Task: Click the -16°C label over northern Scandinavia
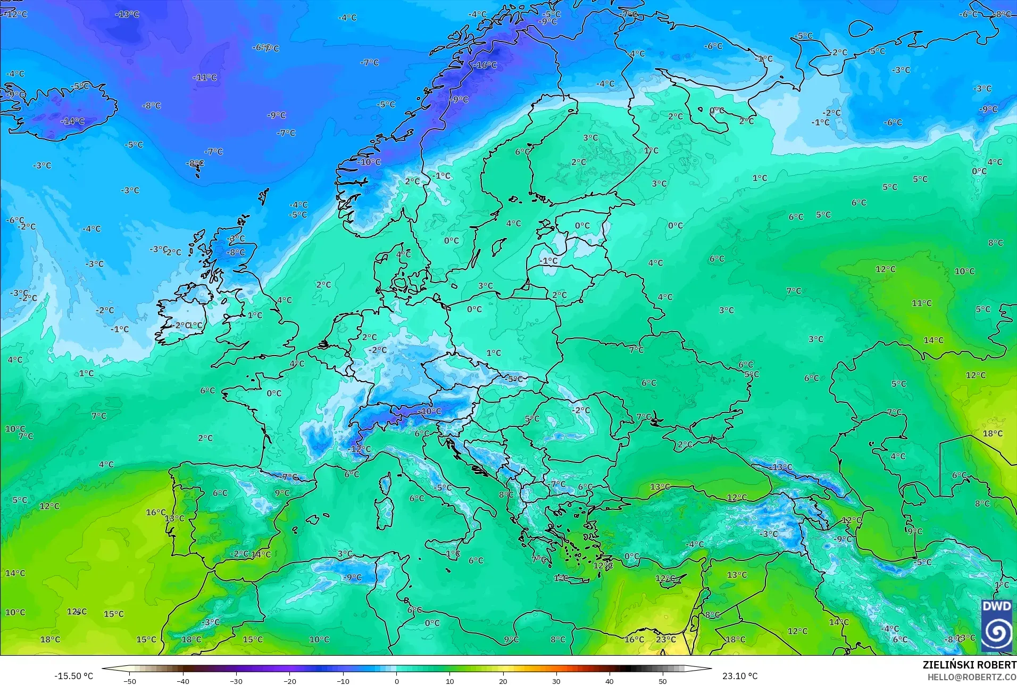pyautogui.click(x=486, y=65)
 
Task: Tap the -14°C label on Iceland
pyautogui.click(x=73, y=121)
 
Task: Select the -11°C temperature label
pyautogui.click(x=205, y=77)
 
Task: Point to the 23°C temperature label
pyautogui.click(x=666, y=639)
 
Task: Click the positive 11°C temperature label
pyautogui.click(x=922, y=303)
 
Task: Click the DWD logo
pyautogui.click(x=996, y=625)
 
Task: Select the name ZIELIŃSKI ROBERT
pyautogui.click(x=969, y=665)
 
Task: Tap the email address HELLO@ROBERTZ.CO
pyautogui.click(x=972, y=677)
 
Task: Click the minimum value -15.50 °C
pyautogui.click(x=73, y=676)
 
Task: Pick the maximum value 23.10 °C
pyautogui.click(x=740, y=676)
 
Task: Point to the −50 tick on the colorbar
pyautogui.click(x=129, y=681)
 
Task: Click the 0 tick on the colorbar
pyautogui.click(x=396, y=681)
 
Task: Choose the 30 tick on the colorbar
pyautogui.click(x=556, y=681)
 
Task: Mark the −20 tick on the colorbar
pyautogui.click(x=289, y=681)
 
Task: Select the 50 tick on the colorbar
pyautogui.click(x=663, y=681)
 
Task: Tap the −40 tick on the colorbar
pyautogui.click(x=182, y=681)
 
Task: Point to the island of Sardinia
pyautogui.click(x=385, y=515)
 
